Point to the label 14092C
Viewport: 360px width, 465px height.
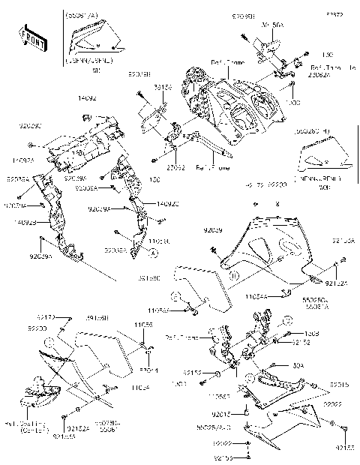(x=167, y=203)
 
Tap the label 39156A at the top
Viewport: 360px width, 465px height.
(x=272, y=25)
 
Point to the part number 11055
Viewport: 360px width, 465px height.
(x=144, y=325)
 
